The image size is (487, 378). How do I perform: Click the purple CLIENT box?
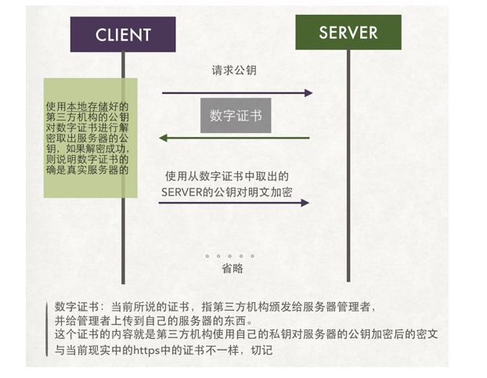coord(123,34)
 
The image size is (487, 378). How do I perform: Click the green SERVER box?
coord(348,33)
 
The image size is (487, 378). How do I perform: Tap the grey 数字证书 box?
coord(235,116)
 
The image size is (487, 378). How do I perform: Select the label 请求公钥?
coord(234,70)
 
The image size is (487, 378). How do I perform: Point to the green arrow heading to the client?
coord(235,139)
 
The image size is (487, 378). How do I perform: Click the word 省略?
coord(233,268)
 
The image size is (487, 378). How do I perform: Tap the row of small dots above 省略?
coord(230,256)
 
